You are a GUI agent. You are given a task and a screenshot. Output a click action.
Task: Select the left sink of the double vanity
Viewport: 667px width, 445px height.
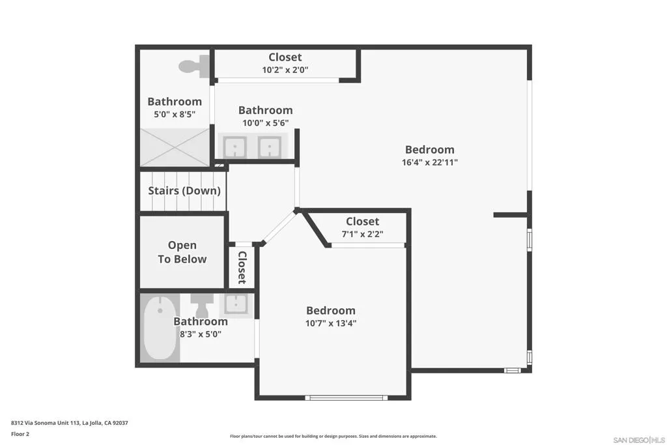tap(234, 147)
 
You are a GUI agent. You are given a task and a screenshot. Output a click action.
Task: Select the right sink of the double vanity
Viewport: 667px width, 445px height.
tap(268, 147)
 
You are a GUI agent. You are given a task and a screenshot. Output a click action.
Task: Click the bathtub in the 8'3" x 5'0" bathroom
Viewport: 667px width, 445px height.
tap(160, 328)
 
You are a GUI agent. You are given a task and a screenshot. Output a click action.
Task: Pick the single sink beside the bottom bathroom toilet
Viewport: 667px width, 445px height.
tap(236, 304)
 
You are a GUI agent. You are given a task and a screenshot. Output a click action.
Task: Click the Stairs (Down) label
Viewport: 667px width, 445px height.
tap(184, 191)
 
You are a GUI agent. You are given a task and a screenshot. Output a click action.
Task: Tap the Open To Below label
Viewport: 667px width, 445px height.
tap(182, 252)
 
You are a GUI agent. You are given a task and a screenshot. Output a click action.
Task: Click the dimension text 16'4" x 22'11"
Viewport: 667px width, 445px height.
tap(429, 162)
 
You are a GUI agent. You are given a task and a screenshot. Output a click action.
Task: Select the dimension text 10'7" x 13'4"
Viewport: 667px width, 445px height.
tap(331, 323)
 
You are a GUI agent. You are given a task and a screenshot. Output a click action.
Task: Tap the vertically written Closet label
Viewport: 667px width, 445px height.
tap(242, 267)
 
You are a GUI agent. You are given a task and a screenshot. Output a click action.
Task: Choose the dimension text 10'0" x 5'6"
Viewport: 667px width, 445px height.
tap(265, 122)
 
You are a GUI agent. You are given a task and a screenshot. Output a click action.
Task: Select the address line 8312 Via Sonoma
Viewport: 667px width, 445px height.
tap(69, 423)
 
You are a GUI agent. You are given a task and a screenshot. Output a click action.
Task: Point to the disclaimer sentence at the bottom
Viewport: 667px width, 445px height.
tap(333, 437)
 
